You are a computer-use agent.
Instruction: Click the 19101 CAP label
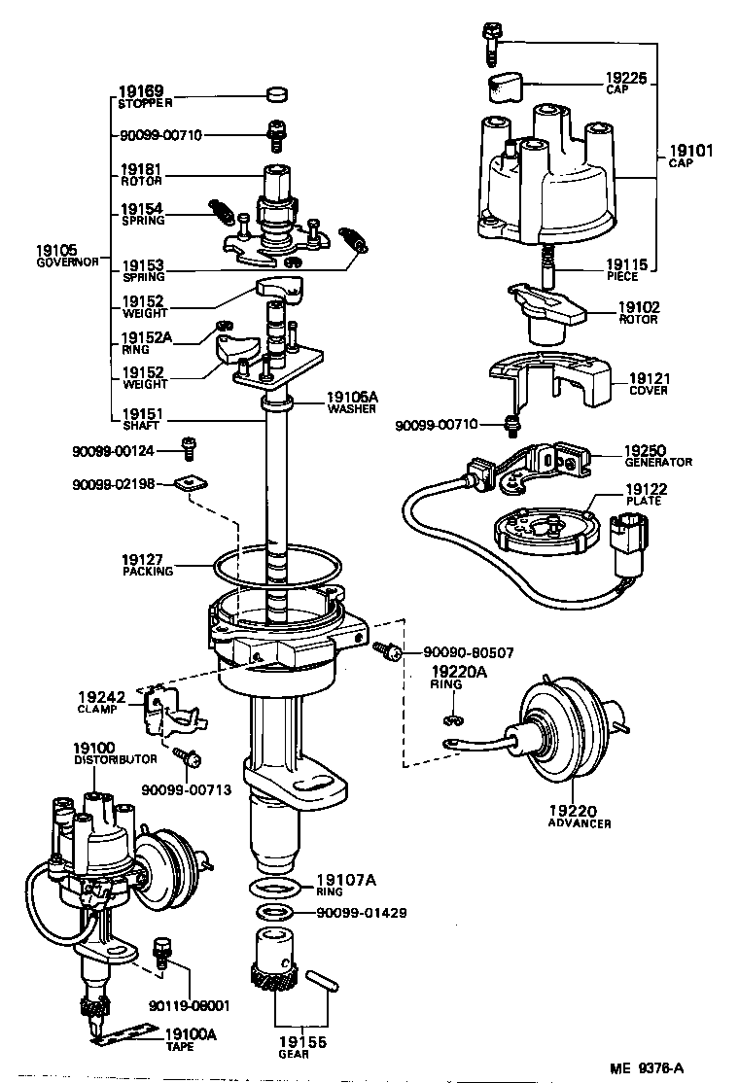(x=690, y=157)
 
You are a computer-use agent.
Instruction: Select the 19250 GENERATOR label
(x=657, y=456)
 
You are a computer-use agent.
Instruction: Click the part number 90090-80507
(x=470, y=653)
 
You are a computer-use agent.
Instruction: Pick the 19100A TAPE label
(x=192, y=1040)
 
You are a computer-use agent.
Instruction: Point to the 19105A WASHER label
(x=353, y=402)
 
